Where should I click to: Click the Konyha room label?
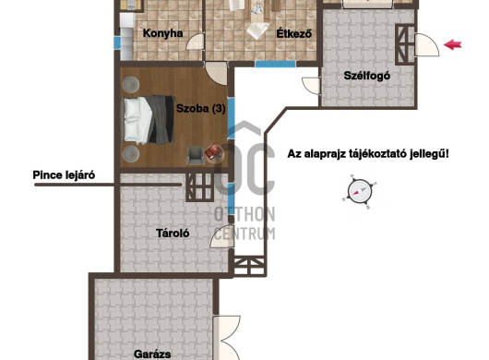(162, 33)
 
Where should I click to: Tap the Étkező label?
(294, 33)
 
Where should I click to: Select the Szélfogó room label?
(367, 76)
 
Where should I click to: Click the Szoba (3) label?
(200, 108)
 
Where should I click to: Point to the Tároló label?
(173, 233)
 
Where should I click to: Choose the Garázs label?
(152, 354)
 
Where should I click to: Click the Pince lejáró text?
(64, 175)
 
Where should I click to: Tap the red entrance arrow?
(452, 44)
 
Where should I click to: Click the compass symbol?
(360, 191)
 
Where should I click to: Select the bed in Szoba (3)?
(148, 120)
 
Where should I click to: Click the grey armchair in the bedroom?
(195, 155)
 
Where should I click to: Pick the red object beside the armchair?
(214, 152)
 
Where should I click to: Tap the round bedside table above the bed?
(131, 85)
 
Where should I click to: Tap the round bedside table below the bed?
(131, 154)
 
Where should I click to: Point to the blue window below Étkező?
(275, 65)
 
